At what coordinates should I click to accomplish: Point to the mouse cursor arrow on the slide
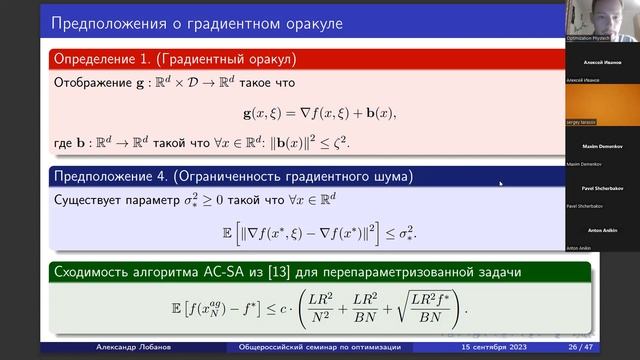click(501, 184)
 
